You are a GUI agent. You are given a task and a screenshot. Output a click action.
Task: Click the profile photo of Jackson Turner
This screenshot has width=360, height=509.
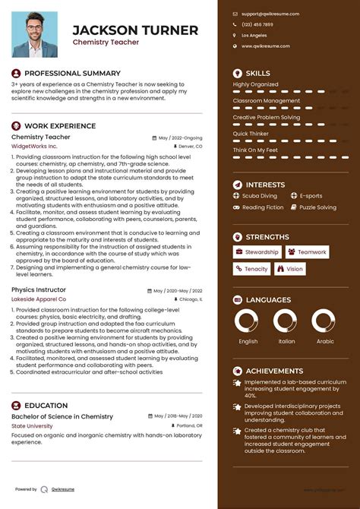36,34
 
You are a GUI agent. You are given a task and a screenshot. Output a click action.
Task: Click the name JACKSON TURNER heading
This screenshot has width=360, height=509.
135,30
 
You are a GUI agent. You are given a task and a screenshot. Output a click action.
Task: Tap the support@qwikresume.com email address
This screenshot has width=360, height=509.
270,14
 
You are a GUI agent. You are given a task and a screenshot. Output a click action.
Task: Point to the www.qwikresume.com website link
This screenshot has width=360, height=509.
266,46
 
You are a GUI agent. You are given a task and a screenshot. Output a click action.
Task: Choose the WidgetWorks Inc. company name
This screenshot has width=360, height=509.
34,146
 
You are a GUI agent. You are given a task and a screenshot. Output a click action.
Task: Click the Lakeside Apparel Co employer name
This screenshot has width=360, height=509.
39,299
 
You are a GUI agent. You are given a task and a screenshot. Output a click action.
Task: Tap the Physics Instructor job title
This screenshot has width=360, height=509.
39,289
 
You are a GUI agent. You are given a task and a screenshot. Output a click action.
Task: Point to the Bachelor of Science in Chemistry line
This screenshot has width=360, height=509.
62,416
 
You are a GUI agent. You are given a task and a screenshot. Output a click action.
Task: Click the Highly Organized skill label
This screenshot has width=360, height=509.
256,84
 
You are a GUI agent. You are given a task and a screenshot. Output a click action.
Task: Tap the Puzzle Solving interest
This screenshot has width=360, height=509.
317,207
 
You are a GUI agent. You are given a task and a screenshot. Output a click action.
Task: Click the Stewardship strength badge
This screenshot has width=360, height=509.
257,252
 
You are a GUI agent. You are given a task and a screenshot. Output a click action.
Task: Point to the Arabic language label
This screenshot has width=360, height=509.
325,342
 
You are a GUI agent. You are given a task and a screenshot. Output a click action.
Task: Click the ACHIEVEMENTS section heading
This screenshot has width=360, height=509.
274,371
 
